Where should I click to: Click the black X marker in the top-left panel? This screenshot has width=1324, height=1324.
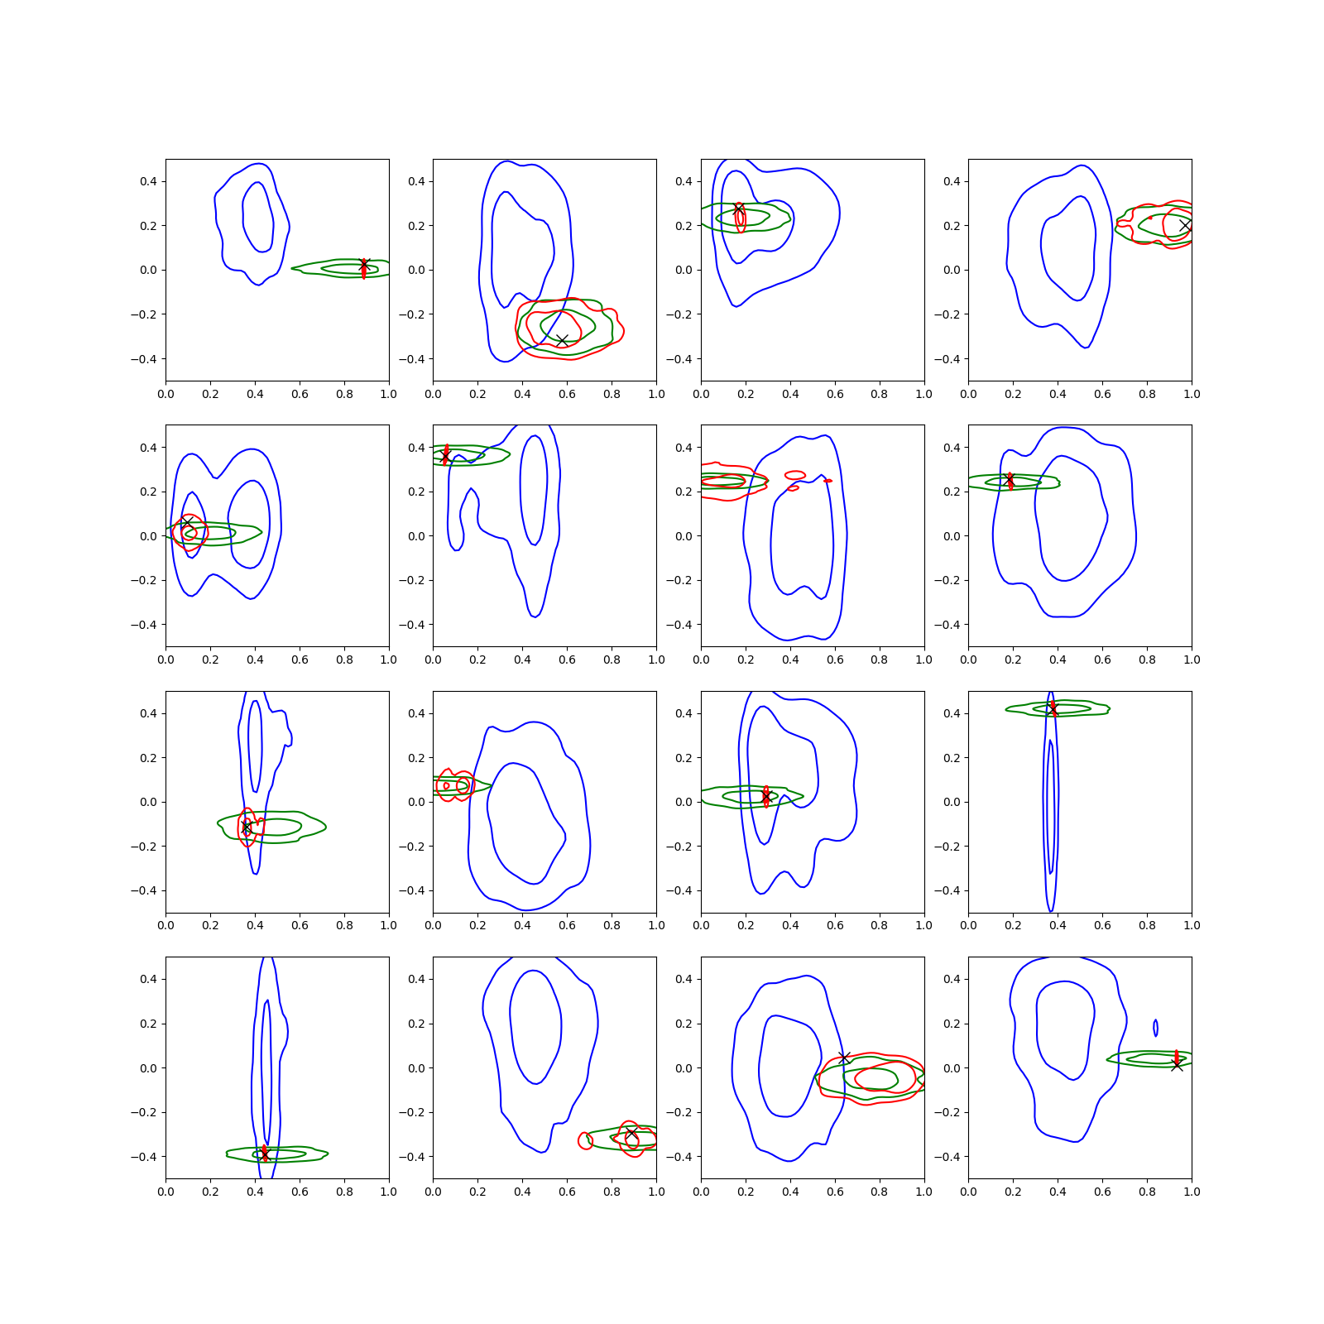pos(364,265)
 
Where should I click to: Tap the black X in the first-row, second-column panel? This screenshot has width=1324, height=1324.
pos(562,341)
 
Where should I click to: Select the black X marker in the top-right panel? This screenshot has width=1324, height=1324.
pos(1185,225)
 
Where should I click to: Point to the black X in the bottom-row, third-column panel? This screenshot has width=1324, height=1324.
pos(844,1058)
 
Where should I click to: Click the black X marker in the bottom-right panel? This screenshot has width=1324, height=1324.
pos(1177,1065)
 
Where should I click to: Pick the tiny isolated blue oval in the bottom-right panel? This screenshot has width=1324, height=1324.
pos(1155,1028)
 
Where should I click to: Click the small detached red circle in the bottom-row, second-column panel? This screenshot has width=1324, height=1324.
pos(586,1141)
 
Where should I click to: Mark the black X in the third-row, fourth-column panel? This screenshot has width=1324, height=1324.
pos(1053,709)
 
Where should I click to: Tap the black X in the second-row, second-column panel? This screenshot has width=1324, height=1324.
pos(445,457)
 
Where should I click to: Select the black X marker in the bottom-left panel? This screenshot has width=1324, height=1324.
pos(264,1154)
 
